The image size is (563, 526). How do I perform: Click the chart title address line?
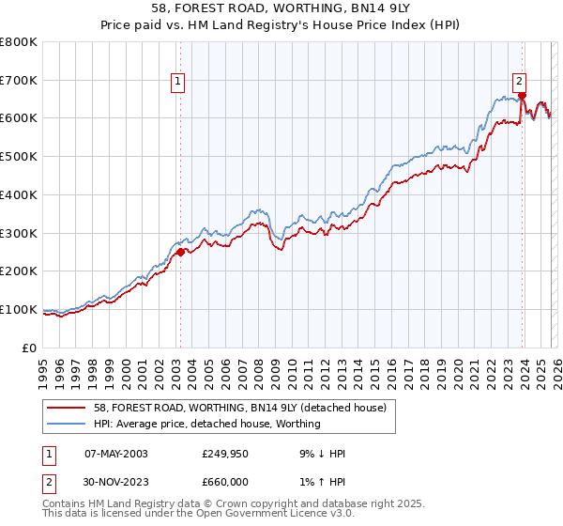[x=281, y=8]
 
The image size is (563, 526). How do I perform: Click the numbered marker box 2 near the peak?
[x=519, y=81]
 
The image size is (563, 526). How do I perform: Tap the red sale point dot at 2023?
[x=522, y=95]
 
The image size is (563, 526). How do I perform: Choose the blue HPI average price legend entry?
[x=205, y=424]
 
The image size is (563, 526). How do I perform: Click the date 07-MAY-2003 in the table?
[x=115, y=454]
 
